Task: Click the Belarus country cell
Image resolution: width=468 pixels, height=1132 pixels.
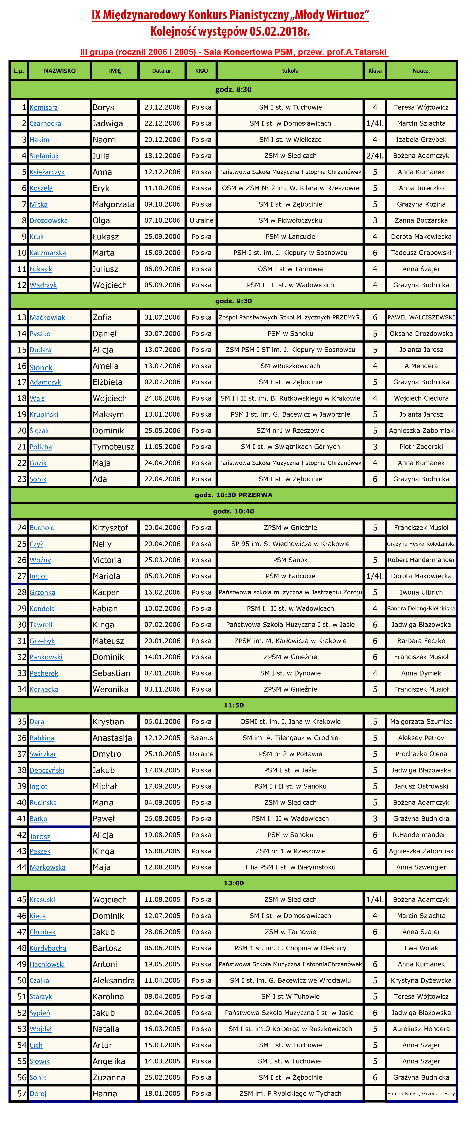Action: [x=201, y=738]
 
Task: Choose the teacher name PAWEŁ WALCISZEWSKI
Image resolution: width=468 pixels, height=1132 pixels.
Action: [x=421, y=317]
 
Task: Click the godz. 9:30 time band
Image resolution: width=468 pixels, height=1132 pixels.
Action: [x=233, y=301]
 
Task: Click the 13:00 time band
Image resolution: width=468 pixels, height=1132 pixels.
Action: [x=233, y=883]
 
